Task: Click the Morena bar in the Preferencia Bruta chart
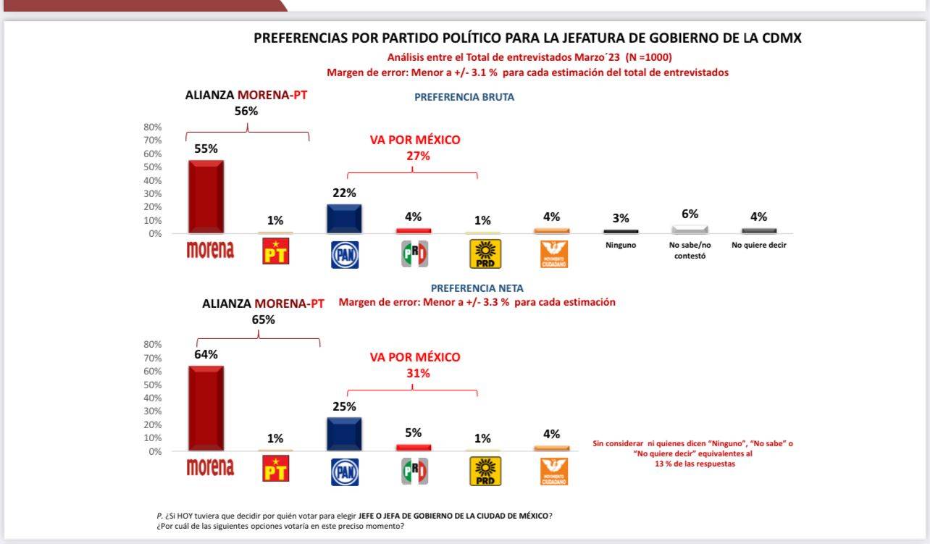(206, 197)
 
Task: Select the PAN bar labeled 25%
(344, 435)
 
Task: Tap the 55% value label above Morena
(206, 148)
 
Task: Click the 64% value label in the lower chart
(206, 354)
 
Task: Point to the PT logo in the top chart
(275, 251)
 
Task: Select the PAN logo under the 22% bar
(344, 254)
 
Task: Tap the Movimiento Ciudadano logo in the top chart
(554, 254)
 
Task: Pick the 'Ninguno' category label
(621, 245)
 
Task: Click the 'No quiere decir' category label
(758, 245)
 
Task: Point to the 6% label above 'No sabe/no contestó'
(690, 214)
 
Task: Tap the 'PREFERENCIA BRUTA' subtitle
(464, 97)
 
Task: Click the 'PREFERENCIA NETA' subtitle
(477, 288)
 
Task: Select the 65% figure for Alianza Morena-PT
(263, 319)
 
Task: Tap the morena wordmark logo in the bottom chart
(210, 468)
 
